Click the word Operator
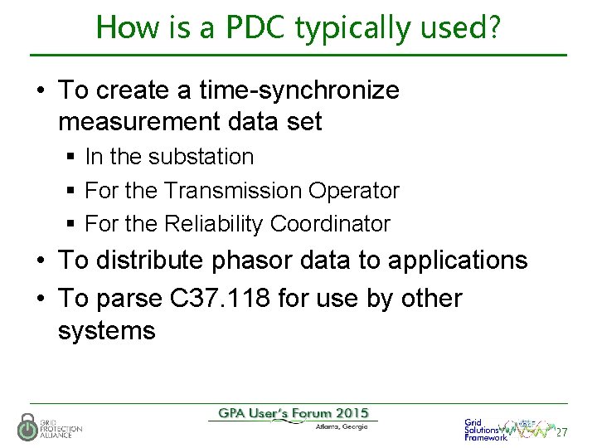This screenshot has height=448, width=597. click(354, 191)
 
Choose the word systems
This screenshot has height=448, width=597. click(106, 331)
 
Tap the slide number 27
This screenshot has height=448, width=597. click(561, 433)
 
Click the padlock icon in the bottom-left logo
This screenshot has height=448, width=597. click(28, 427)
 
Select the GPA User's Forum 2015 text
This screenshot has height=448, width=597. click(293, 413)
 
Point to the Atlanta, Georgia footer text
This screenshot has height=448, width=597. click(342, 427)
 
